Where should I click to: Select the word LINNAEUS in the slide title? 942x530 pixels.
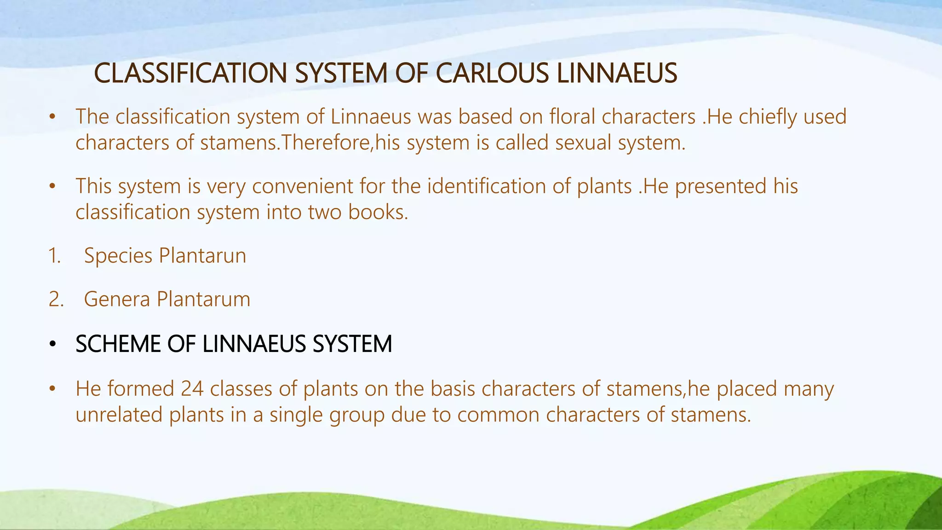(x=616, y=73)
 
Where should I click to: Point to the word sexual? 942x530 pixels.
(x=583, y=143)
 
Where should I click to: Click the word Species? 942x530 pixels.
(x=118, y=256)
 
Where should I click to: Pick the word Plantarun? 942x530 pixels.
(x=202, y=256)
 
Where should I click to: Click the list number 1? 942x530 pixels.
(x=54, y=256)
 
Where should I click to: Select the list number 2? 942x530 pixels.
(x=56, y=300)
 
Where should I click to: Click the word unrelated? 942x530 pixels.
(x=119, y=415)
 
